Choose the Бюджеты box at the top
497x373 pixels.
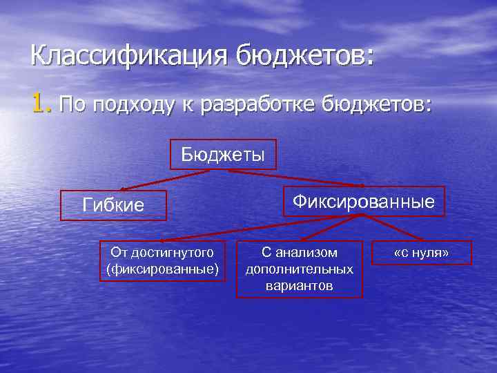coord(223,154)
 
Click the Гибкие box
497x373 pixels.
coord(113,204)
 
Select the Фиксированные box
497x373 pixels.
coord(363,202)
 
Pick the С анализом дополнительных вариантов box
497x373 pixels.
coord(299,269)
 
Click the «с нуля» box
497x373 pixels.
coord(420,253)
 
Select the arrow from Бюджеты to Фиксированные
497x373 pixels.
coord(297,178)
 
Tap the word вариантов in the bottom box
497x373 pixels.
coord(299,285)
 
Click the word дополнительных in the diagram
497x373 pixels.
coord(299,269)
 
